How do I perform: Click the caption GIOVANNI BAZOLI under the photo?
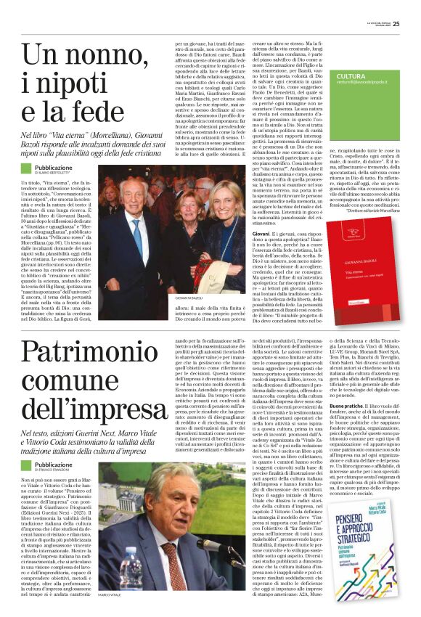point(188,298)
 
